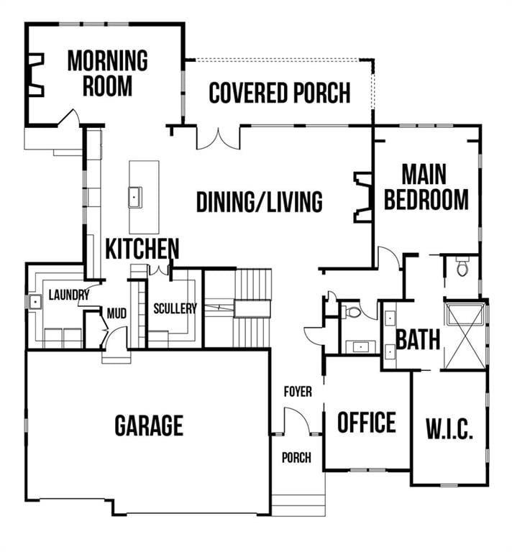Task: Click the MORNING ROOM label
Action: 107,73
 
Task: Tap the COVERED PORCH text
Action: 280,93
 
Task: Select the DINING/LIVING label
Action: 259,202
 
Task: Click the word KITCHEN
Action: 142,249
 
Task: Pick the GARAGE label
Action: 149,425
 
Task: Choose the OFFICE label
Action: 367,422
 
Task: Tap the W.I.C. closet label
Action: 449,430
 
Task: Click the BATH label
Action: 418,339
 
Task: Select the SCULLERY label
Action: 175,308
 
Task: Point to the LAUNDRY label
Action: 69,295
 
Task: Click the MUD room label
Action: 116,313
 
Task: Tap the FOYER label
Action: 298,392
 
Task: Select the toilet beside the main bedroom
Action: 462,267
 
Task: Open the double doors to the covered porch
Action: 218,138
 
